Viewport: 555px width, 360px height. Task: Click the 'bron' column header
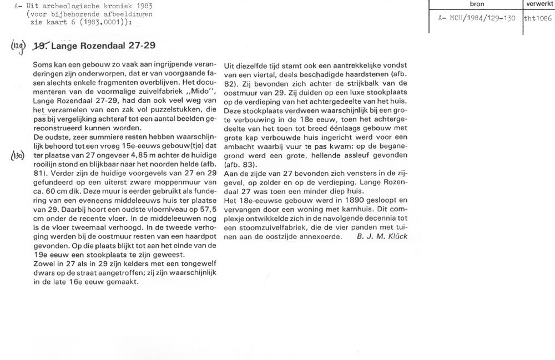click(477, 4)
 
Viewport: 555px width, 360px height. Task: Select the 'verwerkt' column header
click(539, 4)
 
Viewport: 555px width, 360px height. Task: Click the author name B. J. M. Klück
click(382, 236)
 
